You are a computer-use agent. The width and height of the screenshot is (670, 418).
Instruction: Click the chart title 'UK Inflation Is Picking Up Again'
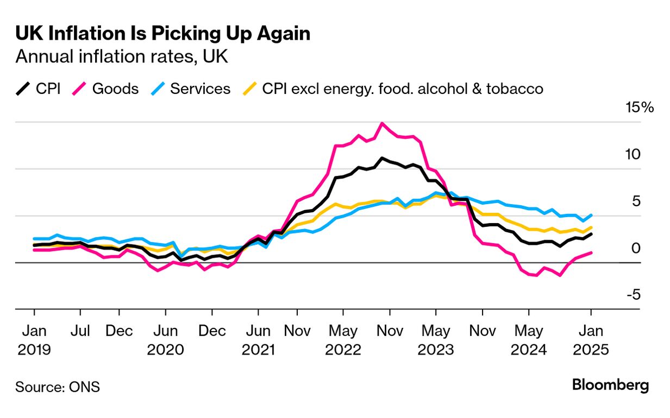click(x=162, y=34)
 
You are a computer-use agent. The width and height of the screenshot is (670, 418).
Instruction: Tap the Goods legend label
click(x=115, y=88)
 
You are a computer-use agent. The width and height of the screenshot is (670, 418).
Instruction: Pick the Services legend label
click(x=200, y=88)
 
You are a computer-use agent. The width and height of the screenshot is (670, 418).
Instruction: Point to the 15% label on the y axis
click(x=640, y=107)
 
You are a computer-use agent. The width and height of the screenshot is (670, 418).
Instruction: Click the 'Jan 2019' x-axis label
click(x=34, y=340)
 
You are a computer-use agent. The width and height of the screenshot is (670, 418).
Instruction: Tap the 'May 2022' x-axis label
click(x=343, y=340)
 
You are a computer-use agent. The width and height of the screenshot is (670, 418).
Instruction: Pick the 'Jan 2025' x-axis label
click(x=591, y=340)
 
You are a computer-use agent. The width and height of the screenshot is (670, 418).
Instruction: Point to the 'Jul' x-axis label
click(x=80, y=331)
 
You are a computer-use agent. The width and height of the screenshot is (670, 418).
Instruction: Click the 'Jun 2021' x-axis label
click(x=258, y=340)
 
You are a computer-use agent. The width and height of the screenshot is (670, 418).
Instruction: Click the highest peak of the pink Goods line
click(x=382, y=123)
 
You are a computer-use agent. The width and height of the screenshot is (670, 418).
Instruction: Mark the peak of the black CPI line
click(x=382, y=158)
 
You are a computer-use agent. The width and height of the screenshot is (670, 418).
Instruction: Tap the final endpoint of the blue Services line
click(x=591, y=215)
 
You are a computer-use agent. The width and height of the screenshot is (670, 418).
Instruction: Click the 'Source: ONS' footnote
click(x=57, y=387)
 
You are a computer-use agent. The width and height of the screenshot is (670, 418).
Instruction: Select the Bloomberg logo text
click(x=610, y=385)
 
